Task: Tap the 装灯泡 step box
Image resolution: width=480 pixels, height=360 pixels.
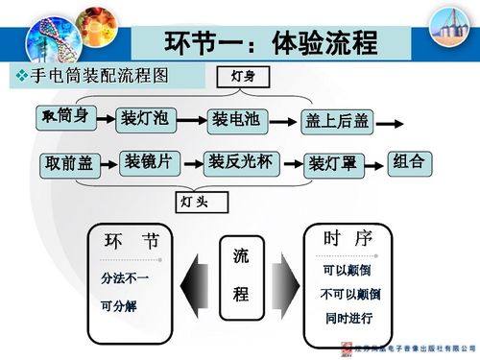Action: [145, 119]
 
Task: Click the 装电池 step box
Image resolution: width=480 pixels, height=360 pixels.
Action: [233, 120]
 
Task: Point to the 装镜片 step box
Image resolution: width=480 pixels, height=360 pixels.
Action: [148, 162]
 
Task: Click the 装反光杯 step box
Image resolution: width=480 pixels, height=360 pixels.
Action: [242, 162]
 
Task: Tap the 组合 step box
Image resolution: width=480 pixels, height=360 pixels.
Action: [409, 161]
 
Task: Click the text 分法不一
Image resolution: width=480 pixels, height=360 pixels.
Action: [125, 278]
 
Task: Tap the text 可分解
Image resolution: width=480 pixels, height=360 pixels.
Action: [119, 307]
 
